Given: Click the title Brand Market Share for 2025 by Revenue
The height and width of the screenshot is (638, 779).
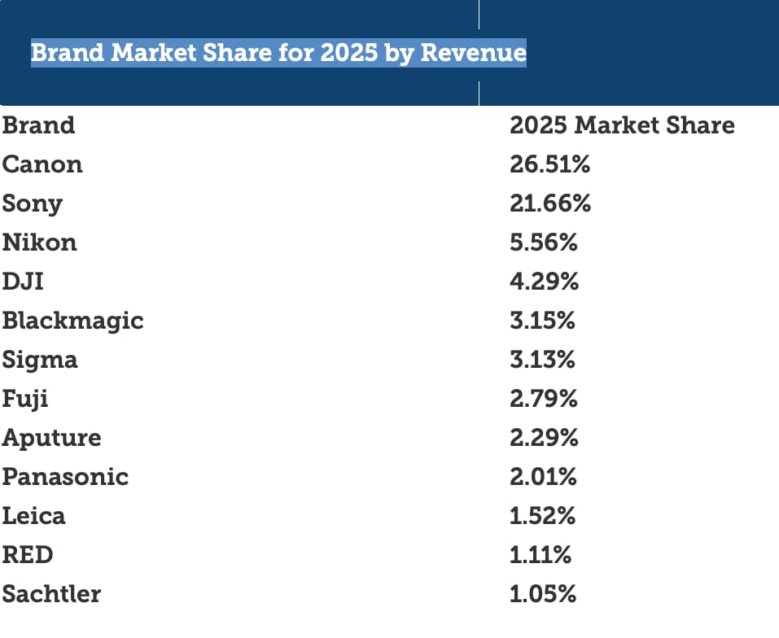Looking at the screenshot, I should point(278,54).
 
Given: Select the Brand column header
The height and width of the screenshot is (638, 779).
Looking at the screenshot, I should point(38,125).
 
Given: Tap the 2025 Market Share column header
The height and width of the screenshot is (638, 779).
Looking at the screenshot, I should point(622,125).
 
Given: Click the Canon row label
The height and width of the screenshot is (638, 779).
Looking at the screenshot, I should point(42,164).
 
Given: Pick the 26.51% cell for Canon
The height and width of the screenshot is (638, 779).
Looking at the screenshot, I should point(549,164).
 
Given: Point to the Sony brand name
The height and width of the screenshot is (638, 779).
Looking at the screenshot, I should point(33,203).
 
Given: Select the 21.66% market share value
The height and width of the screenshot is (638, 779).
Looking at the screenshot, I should point(550,203).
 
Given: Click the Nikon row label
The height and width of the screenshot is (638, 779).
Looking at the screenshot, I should point(40,243).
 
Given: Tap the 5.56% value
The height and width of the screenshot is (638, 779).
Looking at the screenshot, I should point(544,243).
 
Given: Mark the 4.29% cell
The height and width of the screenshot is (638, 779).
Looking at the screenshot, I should point(544,282).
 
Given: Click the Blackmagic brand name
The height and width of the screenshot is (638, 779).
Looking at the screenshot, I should point(72,321).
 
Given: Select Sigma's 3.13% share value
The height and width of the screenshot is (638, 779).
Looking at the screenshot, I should point(542,360).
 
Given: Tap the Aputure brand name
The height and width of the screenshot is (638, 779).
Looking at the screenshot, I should point(52,438).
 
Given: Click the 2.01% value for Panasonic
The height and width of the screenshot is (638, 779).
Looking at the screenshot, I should point(543,477).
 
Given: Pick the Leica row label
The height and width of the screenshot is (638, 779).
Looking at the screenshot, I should point(34,516).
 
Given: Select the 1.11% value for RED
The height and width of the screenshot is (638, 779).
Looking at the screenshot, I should point(540,555).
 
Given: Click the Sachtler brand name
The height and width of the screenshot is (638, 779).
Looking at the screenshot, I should point(52,594).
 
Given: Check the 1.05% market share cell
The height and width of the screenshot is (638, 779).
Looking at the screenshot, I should point(543,594).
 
